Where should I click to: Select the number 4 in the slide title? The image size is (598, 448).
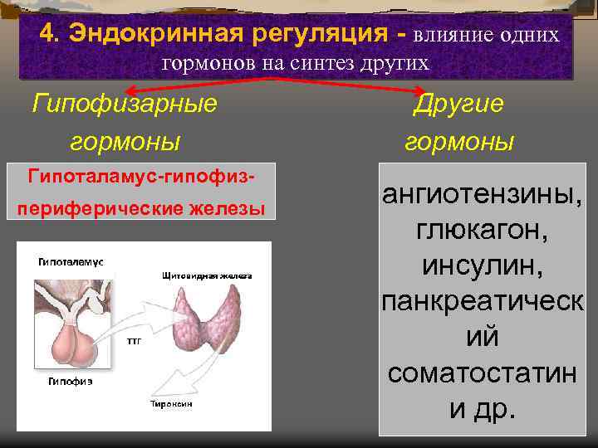(x=48, y=34)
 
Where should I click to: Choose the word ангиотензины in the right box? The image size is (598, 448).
(x=482, y=196)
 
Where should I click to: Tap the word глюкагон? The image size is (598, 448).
(x=482, y=231)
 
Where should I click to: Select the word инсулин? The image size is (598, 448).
(x=482, y=265)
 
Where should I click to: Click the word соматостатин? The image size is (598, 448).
(x=482, y=373)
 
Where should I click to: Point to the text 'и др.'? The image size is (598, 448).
(x=482, y=408)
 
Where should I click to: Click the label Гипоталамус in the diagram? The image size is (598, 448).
(x=71, y=261)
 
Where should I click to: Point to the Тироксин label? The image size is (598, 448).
(x=172, y=403)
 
